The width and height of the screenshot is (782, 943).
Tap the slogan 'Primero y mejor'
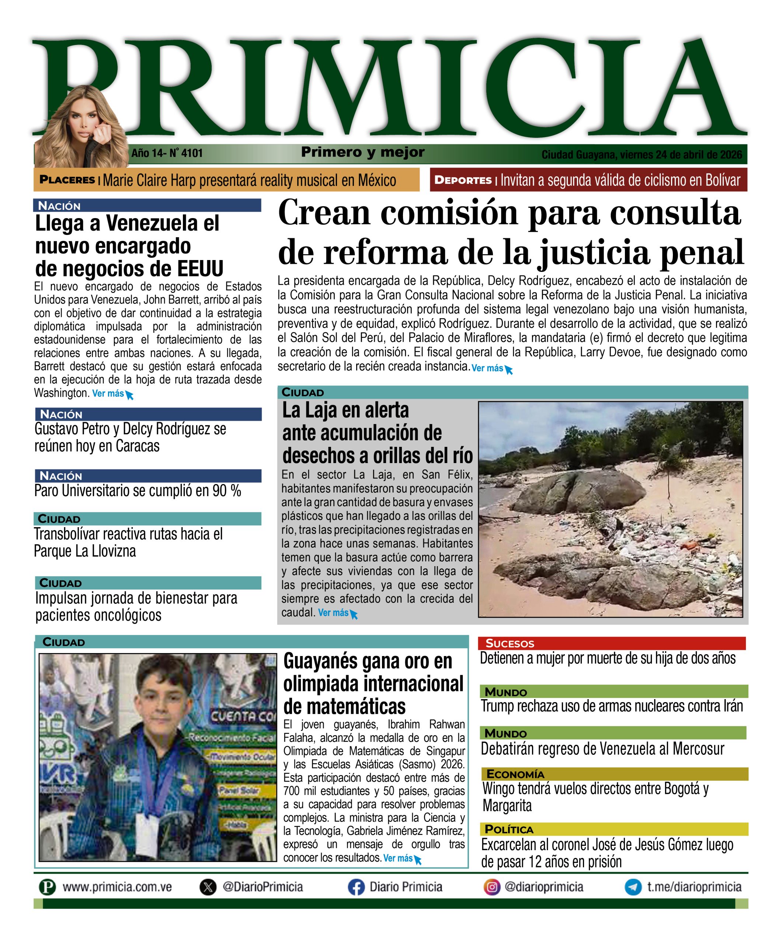[x=363, y=152]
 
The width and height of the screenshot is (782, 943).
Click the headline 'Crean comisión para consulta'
[x=509, y=213]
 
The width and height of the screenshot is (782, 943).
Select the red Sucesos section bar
[x=611, y=643]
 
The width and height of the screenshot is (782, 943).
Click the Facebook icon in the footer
[x=356, y=887]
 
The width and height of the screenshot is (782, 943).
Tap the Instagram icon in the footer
[x=492, y=887]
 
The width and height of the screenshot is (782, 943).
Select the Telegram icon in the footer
[x=633, y=887]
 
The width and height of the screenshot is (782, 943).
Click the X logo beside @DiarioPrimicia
[x=208, y=887]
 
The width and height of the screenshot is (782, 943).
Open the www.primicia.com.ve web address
[x=117, y=887]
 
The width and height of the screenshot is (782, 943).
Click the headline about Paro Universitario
[x=138, y=491]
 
